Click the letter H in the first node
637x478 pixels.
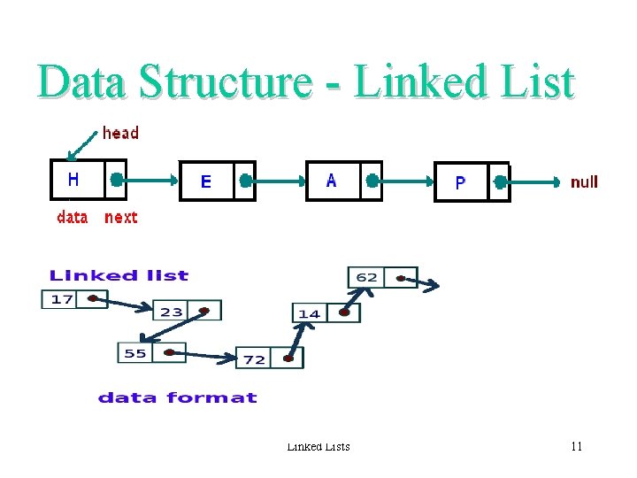pos(73,180)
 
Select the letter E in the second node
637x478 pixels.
pos(206,181)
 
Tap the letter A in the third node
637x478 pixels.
pos(332,181)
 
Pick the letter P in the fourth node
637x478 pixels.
pos(460,183)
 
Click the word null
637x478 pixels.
pos(584,182)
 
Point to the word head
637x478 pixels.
pos(120,134)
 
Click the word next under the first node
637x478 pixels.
pos(121,218)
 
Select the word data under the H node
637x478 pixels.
pos(73,218)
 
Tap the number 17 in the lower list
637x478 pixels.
pos(62,299)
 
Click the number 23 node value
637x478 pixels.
pos(172,311)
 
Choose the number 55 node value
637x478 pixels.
pos(135,353)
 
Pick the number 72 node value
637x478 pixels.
pos(255,358)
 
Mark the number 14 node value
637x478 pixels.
pos(309,313)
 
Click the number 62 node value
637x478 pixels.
pos(366,277)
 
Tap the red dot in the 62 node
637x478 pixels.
pos(401,278)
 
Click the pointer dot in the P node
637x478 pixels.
pos(501,182)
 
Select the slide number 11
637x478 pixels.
pos(576,446)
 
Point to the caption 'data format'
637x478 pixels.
pos(177,397)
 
